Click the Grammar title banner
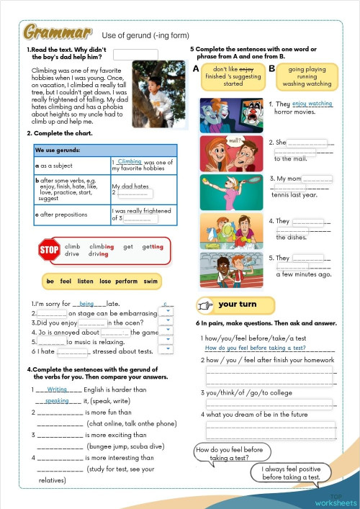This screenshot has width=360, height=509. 58,32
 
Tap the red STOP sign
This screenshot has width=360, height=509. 49,250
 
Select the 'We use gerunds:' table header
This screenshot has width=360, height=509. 58,150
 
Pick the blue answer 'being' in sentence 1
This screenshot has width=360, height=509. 87,305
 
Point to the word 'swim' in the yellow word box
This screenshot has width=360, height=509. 150,281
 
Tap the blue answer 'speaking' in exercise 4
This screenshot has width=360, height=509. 57,401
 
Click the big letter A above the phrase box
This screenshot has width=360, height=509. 196,68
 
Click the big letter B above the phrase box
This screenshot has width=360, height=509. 271,68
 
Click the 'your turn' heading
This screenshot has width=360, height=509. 238,305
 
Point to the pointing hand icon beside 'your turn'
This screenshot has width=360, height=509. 206,305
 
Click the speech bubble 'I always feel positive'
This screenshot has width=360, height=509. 290,472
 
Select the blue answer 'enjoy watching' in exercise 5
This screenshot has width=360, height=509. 312,104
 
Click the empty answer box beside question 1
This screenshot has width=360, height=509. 135,54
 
